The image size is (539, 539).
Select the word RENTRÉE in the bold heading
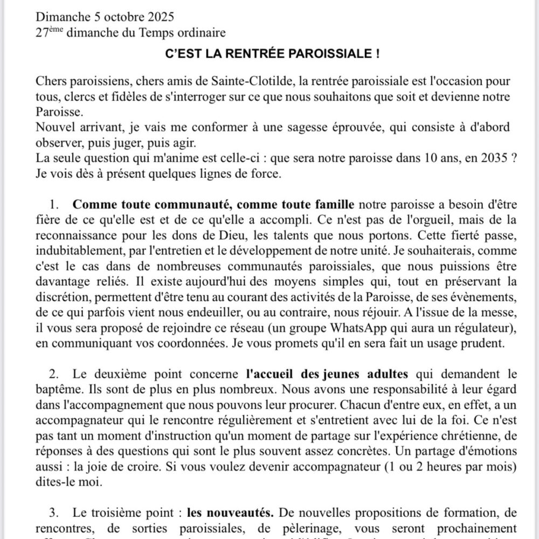[x=244, y=54]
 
